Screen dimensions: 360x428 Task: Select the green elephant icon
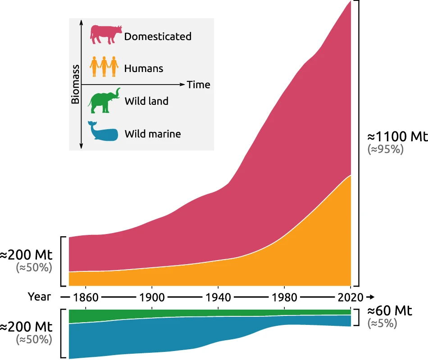pos(104,101)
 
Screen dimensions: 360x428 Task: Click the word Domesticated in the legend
pos(158,36)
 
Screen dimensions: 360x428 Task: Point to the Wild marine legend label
pos(152,134)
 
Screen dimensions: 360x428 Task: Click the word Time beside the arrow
pos(198,85)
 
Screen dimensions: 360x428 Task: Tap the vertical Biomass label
pos(75,84)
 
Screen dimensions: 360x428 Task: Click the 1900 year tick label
pos(152,297)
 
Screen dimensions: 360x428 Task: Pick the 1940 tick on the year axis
pos(218,297)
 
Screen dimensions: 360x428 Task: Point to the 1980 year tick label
pos(284,297)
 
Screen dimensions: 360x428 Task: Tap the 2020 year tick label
pos(351,297)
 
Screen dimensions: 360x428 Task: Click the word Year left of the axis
pos(39,297)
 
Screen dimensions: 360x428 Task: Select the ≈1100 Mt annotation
pos(396,136)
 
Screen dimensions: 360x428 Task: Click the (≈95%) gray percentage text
pos(386,149)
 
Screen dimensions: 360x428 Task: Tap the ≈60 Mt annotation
pos(390,310)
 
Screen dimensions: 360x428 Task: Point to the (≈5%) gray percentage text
pos(382,323)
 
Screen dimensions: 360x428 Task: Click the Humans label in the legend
pos(144,69)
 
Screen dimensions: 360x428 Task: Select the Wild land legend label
pos(146,101)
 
